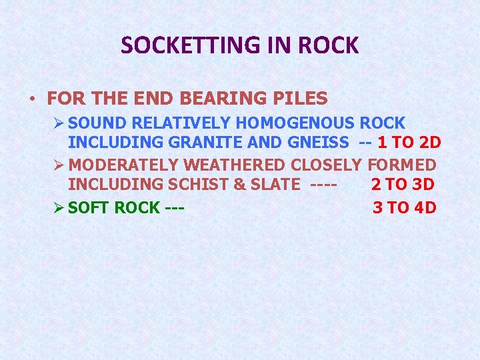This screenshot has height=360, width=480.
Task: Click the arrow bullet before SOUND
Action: coord(59,123)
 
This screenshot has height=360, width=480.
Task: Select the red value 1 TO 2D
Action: coord(405,142)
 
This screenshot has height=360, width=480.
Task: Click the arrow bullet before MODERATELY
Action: coord(59,165)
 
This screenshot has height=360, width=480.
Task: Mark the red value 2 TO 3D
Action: coord(403,185)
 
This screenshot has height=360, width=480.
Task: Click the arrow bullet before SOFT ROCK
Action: coord(59,207)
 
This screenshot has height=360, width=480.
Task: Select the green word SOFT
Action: coord(89,207)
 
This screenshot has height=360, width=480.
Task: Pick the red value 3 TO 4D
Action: coord(404,207)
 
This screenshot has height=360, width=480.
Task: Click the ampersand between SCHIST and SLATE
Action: coord(232,185)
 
